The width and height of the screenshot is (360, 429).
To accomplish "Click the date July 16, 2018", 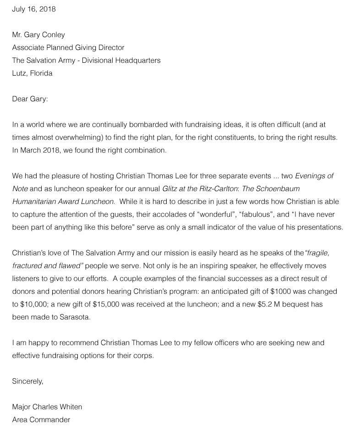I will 34,9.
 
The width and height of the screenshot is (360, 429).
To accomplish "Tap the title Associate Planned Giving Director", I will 68,47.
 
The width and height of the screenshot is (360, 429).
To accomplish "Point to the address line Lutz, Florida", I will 32,73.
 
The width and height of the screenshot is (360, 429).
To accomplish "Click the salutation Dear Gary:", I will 30,99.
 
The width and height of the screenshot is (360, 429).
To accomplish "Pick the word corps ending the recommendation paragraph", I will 142,356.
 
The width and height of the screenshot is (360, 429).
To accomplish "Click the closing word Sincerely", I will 27,381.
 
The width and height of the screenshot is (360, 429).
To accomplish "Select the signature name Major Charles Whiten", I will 47,407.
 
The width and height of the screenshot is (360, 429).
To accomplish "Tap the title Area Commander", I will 41,420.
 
